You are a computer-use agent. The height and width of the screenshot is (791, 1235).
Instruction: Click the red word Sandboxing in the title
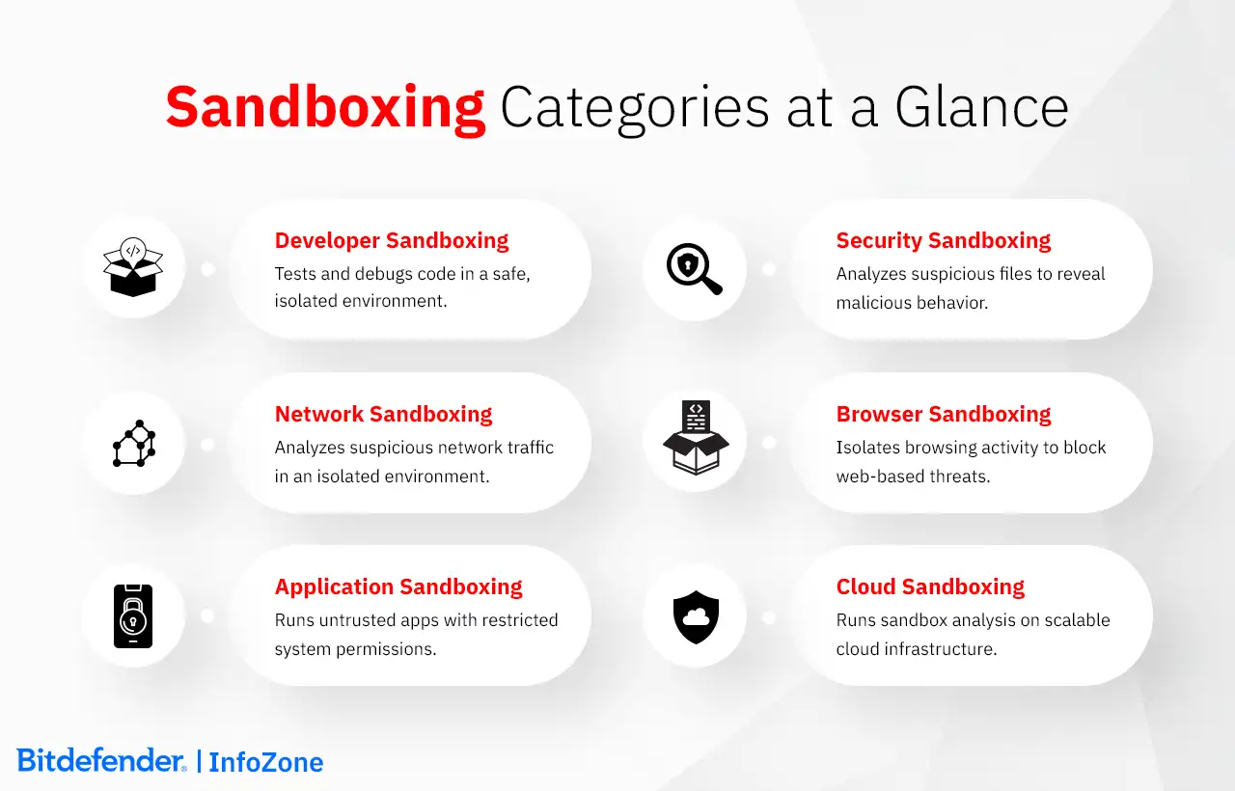pos(325,107)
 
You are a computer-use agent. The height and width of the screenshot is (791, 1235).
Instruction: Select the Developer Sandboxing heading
pos(392,240)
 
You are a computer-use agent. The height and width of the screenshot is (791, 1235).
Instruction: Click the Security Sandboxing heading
pos(943,240)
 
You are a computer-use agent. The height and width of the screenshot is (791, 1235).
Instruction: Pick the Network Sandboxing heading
pos(383,414)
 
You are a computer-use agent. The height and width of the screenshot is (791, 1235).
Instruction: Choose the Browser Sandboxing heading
pos(943,414)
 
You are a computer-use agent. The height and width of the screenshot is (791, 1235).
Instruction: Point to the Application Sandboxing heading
pos(398,586)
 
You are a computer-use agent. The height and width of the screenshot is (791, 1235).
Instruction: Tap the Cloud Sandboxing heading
pos(930,586)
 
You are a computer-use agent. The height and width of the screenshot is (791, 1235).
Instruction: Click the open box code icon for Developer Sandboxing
pos(133,267)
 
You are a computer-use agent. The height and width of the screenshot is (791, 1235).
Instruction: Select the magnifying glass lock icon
pos(695,268)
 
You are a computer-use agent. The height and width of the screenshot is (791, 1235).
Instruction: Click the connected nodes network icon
pos(134,444)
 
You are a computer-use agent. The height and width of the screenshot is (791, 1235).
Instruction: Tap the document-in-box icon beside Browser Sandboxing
pos(696,438)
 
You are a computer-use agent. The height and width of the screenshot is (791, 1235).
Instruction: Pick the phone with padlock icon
pos(133,615)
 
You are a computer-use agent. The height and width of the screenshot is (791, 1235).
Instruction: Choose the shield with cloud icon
pos(696,616)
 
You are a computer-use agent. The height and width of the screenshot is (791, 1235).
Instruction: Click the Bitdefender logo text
pos(100,760)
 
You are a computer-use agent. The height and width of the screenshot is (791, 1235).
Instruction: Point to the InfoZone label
pos(265,762)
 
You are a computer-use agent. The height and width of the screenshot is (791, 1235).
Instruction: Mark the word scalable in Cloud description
pos(1074,620)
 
